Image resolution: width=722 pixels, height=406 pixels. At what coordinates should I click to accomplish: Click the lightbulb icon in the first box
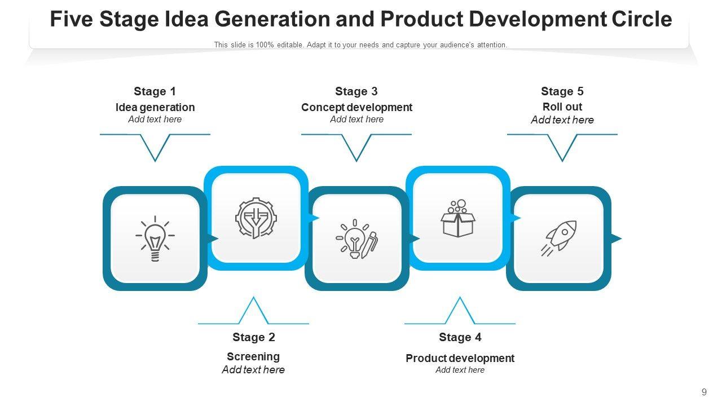point(155,239)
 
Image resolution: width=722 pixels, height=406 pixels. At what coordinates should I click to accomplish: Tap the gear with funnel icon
point(256,218)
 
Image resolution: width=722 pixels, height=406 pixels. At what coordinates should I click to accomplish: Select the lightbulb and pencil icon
point(356,239)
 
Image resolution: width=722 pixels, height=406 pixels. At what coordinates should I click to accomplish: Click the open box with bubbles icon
point(457,218)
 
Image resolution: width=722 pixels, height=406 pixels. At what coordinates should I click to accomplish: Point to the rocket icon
point(558,239)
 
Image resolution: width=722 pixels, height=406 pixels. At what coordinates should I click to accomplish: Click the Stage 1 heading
point(155,91)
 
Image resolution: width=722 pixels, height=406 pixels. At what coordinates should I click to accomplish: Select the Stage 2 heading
point(254,337)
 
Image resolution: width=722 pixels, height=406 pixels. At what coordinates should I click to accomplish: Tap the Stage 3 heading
point(356,91)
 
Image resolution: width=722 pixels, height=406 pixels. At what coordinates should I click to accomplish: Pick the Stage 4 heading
point(460,337)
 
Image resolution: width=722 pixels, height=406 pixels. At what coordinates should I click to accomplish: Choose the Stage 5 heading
point(562,91)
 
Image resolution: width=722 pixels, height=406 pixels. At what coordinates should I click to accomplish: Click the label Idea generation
point(155,107)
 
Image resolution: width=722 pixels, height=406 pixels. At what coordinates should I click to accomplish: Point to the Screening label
point(253,356)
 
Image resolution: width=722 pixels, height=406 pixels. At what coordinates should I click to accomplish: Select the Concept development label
point(356,107)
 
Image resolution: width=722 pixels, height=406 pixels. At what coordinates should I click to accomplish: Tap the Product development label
point(460,358)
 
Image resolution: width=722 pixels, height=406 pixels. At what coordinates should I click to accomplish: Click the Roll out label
point(562,107)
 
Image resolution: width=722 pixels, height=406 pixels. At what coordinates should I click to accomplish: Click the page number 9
point(704,392)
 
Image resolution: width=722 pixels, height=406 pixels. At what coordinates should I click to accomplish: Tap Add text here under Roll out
point(562,120)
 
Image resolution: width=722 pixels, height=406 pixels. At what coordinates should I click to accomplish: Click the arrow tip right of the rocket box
point(617,239)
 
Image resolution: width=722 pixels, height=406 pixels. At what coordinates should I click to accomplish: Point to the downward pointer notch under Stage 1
point(155,152)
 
